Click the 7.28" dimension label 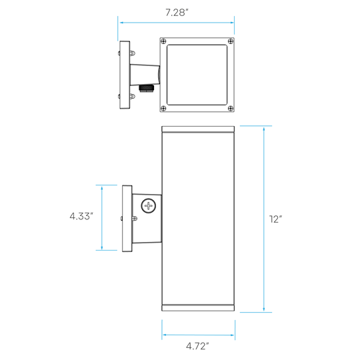click(177, 13)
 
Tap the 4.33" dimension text click(81, 216)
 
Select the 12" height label click(275, 219)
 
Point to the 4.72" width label click(197, 346)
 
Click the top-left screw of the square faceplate click(163, 41)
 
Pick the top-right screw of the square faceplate click(231, 41)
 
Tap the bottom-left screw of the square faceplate click(163, 108)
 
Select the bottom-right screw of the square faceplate click(231, 108)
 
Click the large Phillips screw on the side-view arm click(149, 206)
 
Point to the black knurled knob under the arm click(144, 88)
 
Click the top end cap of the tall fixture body click(198, 129)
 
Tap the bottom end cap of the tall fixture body click(198, 308)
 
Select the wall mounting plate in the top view click(125, 75)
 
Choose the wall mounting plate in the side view click(127, 219)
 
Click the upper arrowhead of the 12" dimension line click(264, 129)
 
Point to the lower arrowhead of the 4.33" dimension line click(102, 247)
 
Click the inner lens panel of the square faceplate click(197, 75)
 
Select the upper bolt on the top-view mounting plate click(131, 53)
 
